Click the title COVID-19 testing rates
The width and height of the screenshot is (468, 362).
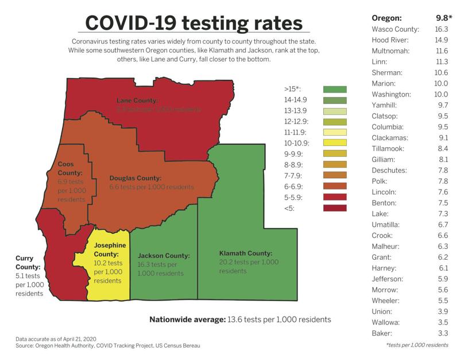[194, 22]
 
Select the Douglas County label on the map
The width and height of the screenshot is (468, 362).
[136, 178]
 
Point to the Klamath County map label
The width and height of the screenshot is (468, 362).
[246, 253]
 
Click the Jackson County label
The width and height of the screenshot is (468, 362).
[164, 256]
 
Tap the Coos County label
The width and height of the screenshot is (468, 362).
[69, 168]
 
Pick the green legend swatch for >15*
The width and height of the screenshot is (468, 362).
[334, 89]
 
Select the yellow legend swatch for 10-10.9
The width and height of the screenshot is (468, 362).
[334, 143]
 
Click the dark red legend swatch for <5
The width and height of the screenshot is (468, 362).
[334, 207]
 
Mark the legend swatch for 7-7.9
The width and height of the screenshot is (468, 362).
[334, 175]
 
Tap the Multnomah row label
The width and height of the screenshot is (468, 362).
[391, 51]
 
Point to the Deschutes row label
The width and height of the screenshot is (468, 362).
[389, 170]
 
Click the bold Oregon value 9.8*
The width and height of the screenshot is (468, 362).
[440, 18]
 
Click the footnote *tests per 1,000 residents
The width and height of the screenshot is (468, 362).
[417, 345]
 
